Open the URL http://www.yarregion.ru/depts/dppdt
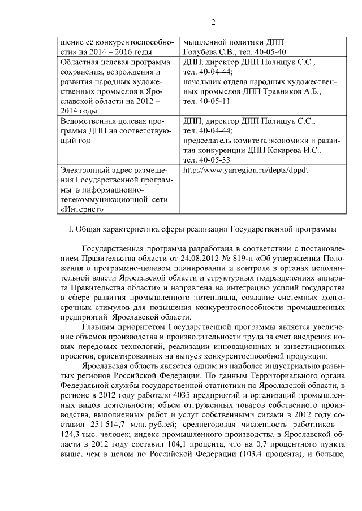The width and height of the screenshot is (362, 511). tap(245, 170)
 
